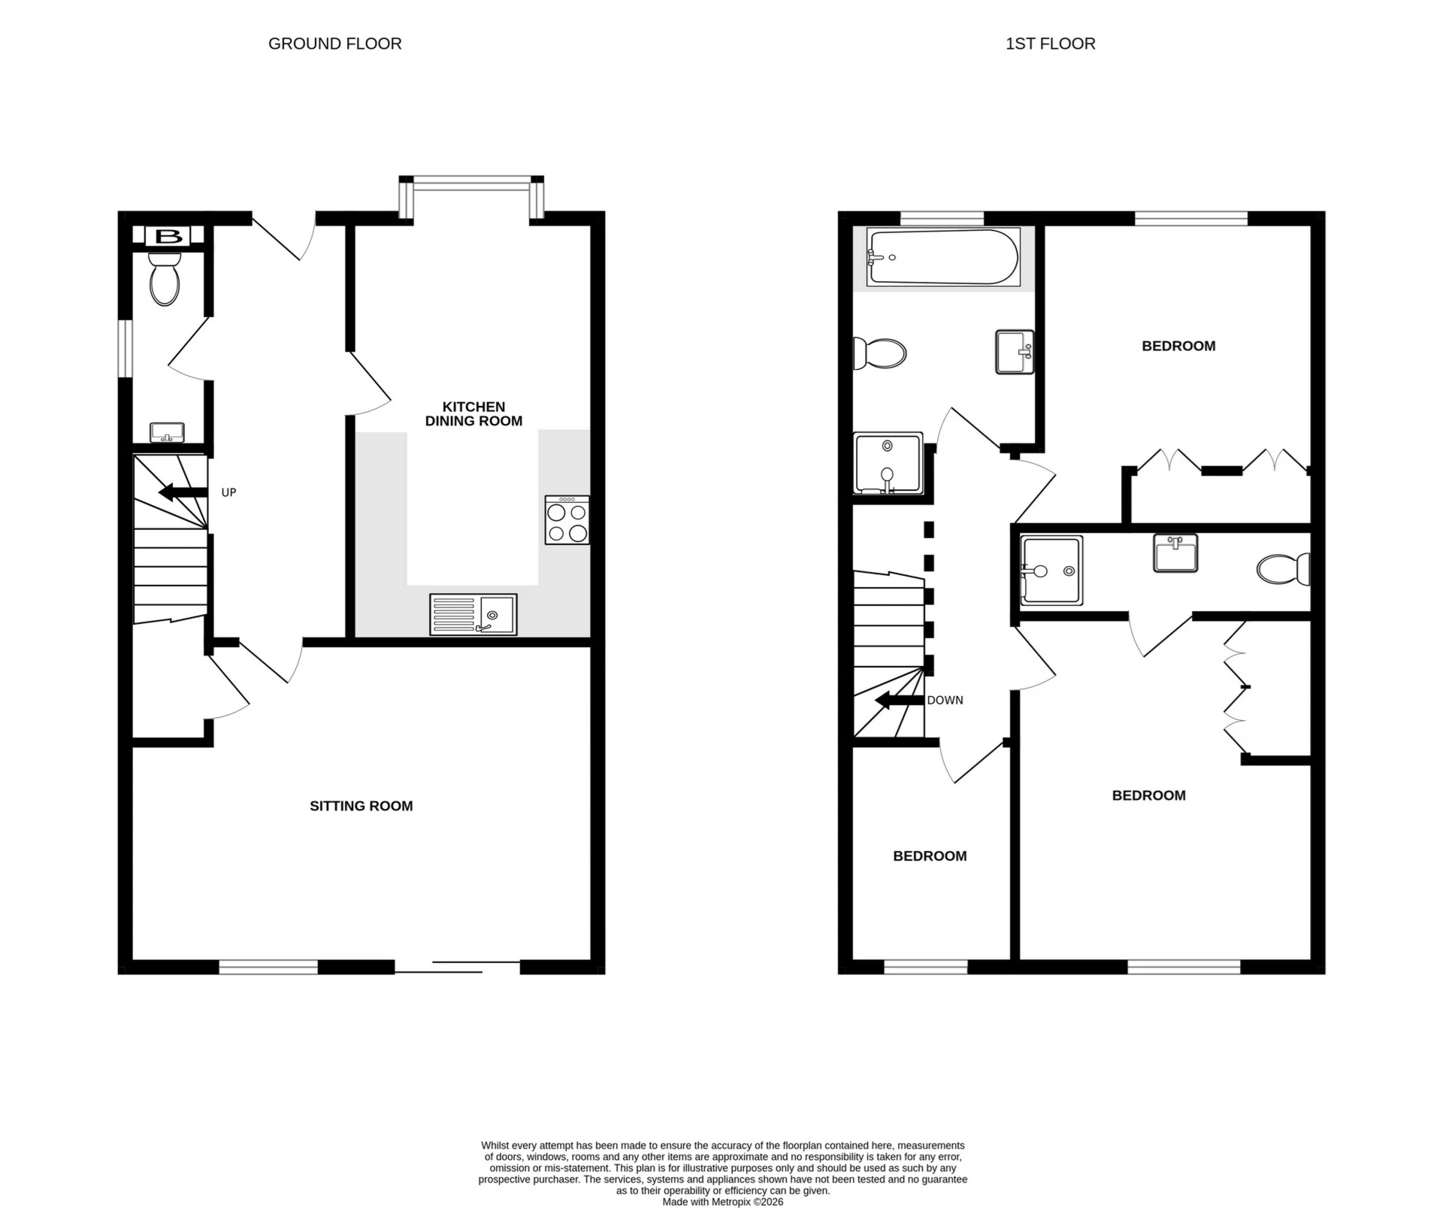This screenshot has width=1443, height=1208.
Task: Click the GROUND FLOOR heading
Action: (x=334, y=44)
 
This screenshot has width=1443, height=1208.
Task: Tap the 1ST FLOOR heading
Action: (x=1050, y=44)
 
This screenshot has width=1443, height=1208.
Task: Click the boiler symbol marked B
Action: (x=168, y=237)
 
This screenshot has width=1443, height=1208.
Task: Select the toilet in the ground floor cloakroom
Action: (x=165, y=280)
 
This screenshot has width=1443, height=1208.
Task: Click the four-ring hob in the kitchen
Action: (x=567, y=520)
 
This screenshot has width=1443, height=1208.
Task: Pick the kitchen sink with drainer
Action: (x=473, y=614)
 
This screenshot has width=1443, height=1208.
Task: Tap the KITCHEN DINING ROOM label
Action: (x=473, y=414)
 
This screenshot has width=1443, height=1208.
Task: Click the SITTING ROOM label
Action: (x=362, y=806)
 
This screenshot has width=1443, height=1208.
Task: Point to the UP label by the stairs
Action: (x=228, y=492)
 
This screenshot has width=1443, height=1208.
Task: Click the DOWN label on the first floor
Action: (x=945, y=700)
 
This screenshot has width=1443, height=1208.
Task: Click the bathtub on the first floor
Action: (x=942, y=258)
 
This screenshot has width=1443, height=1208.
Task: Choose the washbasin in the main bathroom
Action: (x=1015, y=352)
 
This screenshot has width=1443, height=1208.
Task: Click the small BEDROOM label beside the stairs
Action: (x=930, y=855)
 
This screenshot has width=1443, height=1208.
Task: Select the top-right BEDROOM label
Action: (x=1178, y=346)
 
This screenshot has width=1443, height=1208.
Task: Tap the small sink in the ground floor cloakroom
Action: (x=168, y=433)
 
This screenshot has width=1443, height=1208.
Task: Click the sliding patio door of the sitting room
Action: (x=457, y=967)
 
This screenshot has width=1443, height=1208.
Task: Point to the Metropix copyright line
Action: (x=722, y=1201)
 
